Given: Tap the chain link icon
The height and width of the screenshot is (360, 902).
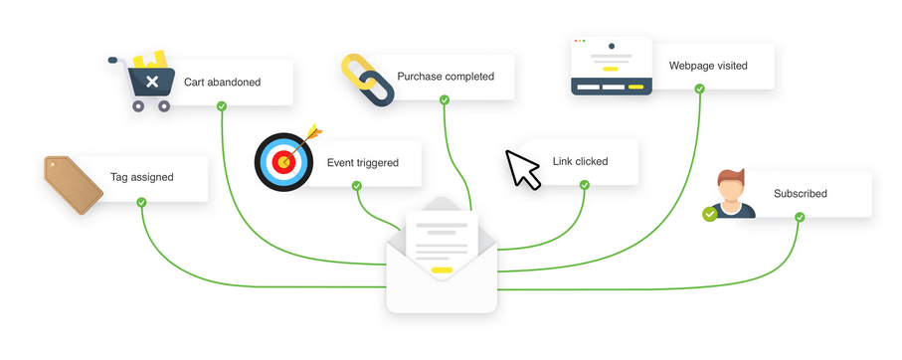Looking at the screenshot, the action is point(367,80).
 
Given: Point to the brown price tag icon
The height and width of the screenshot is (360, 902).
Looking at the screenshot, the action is point(74,185).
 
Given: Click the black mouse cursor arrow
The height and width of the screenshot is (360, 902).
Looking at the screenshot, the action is point(522,169).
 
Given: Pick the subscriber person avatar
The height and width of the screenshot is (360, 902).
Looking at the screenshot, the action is point(729,194).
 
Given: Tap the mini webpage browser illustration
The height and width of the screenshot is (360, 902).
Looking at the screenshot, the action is point(611,67).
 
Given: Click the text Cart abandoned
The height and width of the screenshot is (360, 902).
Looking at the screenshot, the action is point(222,83).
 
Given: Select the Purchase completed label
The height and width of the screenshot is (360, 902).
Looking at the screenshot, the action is point(446,77).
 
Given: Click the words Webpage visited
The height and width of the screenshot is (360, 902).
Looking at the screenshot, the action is point(708,66).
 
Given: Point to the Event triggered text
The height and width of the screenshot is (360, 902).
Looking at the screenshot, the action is point(363,163).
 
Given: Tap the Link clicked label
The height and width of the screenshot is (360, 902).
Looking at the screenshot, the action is point(581,161).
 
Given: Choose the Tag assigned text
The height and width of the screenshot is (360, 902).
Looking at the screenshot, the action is point(142,177).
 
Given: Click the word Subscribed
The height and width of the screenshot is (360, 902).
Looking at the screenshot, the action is point(801,194).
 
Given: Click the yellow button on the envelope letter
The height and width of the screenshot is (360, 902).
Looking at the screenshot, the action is point(442,270).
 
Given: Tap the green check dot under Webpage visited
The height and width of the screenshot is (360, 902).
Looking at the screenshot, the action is point(699,89).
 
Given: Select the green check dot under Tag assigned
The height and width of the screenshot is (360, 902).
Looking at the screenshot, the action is point(141,202).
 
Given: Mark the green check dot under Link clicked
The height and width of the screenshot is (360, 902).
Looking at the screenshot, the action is point(585,185).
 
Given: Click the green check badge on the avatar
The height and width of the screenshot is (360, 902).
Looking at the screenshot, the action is point(710,214).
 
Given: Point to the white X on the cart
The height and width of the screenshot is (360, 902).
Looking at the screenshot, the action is point(152,82).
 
